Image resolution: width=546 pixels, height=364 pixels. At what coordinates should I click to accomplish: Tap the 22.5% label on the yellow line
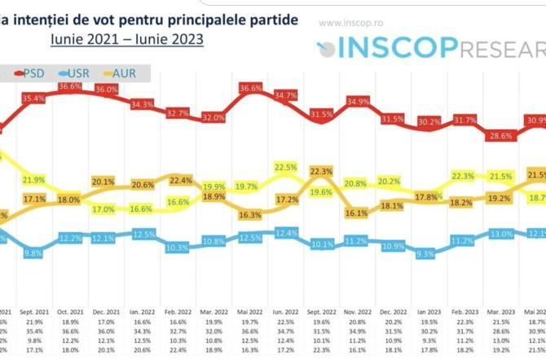[286, 168]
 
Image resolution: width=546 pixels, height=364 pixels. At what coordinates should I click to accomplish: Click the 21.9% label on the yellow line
[33, 180]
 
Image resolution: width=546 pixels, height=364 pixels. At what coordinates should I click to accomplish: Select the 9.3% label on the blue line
[425, 254]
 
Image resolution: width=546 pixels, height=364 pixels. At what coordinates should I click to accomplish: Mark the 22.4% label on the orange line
[181, 181]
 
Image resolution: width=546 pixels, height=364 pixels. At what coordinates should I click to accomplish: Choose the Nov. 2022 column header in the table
[355, 289]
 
